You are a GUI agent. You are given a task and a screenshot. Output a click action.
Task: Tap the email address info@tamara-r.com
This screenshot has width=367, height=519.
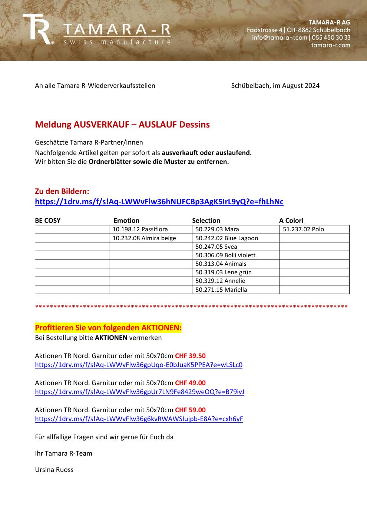(280, 37)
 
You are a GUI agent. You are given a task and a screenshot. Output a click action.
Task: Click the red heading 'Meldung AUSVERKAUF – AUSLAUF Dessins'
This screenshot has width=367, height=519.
(122, 125)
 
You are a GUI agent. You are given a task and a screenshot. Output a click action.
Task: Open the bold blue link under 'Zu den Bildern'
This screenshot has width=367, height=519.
(159, 202)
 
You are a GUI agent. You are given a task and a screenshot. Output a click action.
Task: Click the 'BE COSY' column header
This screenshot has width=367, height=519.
(48, 221)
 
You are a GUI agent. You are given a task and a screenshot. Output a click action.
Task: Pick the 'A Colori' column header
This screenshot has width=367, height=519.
(291, 221)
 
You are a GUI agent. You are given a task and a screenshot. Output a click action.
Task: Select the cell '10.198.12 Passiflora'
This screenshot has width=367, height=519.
(140, 229)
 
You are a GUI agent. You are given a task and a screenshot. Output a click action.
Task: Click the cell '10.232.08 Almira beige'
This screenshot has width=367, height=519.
(144, 238)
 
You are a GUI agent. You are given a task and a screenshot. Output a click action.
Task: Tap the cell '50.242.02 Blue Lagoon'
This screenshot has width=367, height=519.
(227, 238)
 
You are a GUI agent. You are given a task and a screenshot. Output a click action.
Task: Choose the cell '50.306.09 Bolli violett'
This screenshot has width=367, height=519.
(225, 255)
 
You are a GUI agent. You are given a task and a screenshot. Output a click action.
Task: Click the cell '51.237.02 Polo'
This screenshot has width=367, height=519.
(303, 229)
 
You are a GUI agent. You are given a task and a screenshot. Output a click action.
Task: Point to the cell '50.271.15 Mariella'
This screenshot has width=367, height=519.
(221, 290)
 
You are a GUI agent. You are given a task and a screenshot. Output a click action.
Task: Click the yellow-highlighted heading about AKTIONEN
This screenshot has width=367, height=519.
(108, 328)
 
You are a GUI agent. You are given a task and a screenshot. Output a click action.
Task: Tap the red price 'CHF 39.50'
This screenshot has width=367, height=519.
(190, 356)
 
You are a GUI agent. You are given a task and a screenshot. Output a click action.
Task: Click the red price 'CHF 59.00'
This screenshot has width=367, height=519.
(190, 410)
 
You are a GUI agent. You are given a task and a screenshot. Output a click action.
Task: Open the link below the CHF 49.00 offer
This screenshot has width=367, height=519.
(139, 392)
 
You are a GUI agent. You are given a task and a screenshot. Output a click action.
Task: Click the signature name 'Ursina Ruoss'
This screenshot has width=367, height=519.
(54, 470)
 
